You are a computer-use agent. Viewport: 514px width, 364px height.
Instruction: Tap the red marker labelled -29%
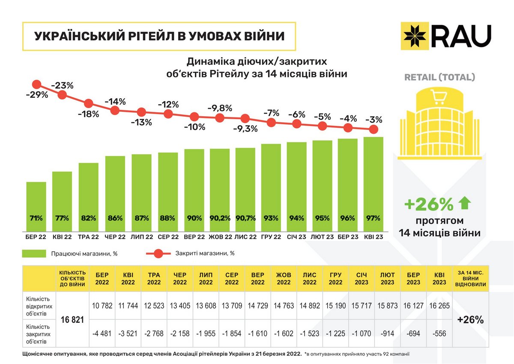[36, 84]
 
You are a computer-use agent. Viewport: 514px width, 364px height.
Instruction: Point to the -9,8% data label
[220, 108]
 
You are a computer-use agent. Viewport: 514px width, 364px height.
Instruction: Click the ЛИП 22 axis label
[141, 237]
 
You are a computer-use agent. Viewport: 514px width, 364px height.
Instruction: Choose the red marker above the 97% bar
[374, 129]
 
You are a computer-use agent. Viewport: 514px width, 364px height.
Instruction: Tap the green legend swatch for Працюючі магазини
[34, 253]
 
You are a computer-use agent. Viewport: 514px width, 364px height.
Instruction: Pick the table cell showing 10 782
[102, 305]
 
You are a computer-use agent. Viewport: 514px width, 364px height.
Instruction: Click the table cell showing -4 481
[102, 334]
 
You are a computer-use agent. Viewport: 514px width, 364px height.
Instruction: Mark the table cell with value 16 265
[439, 305]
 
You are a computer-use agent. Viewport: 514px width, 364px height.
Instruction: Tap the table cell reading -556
[439, 334]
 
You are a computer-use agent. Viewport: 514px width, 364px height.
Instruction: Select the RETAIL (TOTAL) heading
[440, 78]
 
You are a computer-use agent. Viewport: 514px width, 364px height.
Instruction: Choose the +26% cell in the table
[470, 320]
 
